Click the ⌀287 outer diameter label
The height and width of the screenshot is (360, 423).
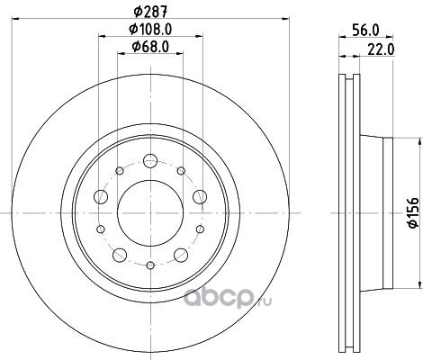click(x=150, y=12)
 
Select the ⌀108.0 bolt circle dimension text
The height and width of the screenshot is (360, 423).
click(x=150, y=29)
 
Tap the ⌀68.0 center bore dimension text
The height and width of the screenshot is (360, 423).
click(x=150, y=47)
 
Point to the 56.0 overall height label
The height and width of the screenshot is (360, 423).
click(x=365, y=30)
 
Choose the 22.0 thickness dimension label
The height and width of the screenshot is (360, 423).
click(x=381, y=49)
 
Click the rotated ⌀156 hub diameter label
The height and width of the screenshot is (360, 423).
click(x=413, y=212)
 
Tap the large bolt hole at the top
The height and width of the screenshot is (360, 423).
click(x=150, y=160)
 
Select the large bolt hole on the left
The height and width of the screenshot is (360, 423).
click(x=101, y=197)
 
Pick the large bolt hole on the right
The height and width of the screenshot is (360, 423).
click(x=200, y=197)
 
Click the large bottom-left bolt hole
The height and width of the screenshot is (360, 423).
click(x=120, y=255)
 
